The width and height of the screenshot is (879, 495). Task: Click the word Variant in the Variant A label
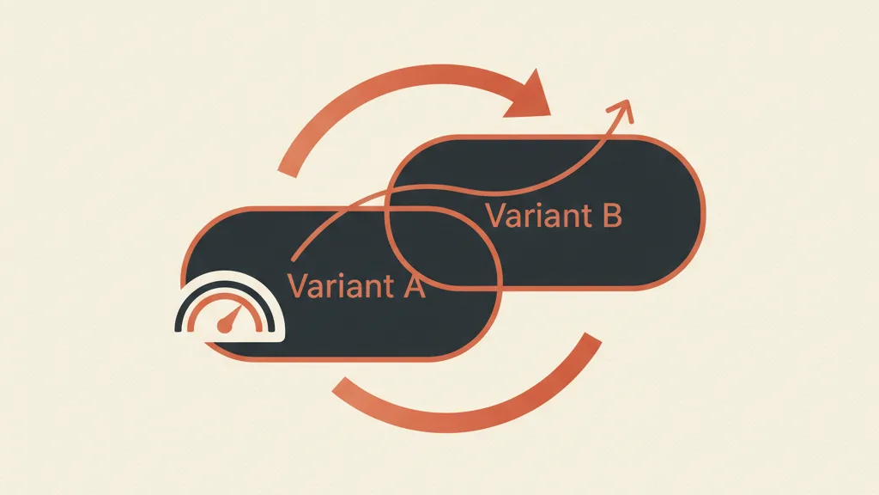click(341, 285)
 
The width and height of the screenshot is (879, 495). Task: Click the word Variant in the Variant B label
click(538, 216)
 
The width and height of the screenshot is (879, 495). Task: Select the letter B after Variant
click(612, 216)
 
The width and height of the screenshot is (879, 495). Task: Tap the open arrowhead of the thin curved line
click(622, 110)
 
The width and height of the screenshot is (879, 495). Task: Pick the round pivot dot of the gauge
click(224, 326)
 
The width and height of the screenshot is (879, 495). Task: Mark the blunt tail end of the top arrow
click(287, 173)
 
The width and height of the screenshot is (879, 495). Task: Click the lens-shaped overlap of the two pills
click(443, 247)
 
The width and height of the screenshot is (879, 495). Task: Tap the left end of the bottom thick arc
click(338, 385)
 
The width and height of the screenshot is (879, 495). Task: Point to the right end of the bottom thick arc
click(593, 337)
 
